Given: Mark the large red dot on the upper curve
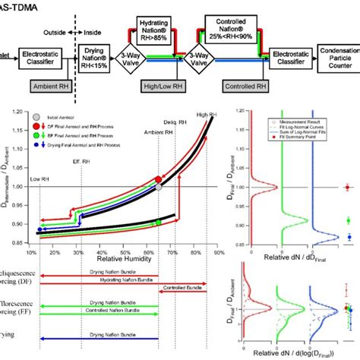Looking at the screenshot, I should pos(159,180).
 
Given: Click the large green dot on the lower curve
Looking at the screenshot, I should pos(158,222).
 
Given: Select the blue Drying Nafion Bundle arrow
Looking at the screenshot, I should pos(99,335).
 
